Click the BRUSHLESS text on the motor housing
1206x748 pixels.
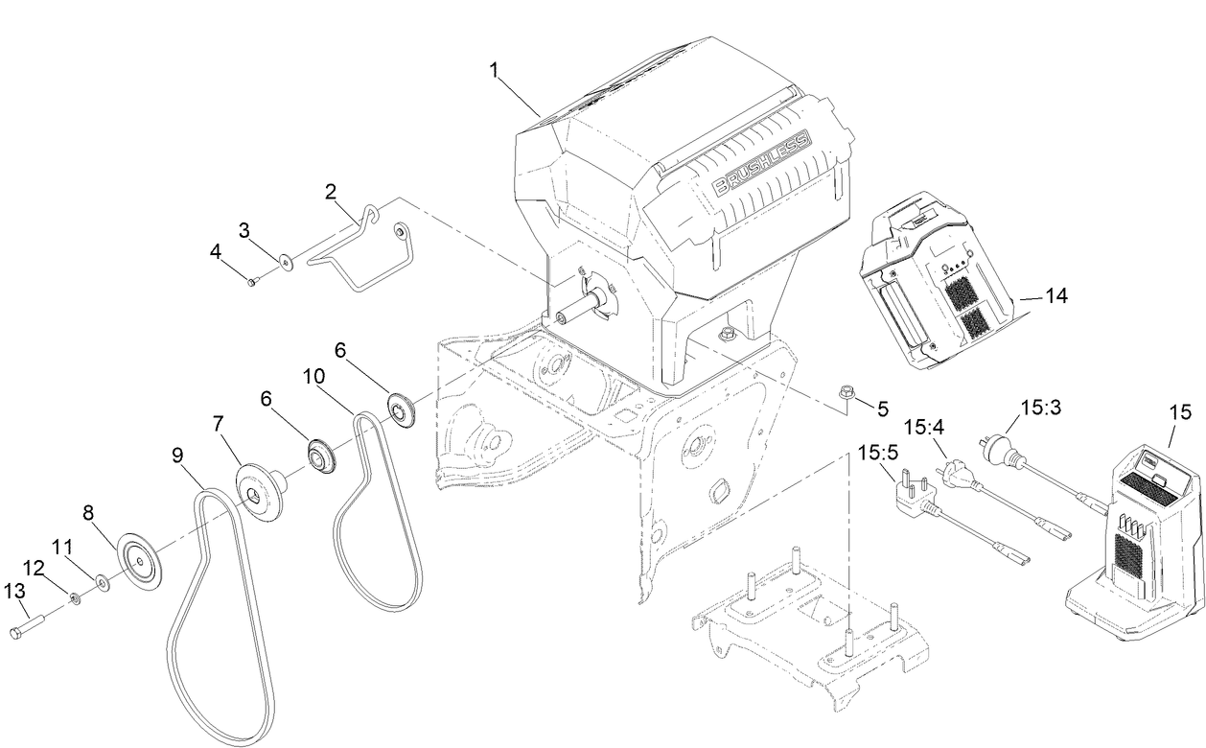click(760, 163)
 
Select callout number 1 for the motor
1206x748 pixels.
click(495, 69)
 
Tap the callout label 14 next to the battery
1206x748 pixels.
click(1055, 297)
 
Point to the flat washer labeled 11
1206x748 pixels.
click(101, 581)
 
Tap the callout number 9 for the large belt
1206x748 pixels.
click(178, 456)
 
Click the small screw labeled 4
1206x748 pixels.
click(251, 282)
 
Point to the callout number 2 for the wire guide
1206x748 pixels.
click(331, 191)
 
